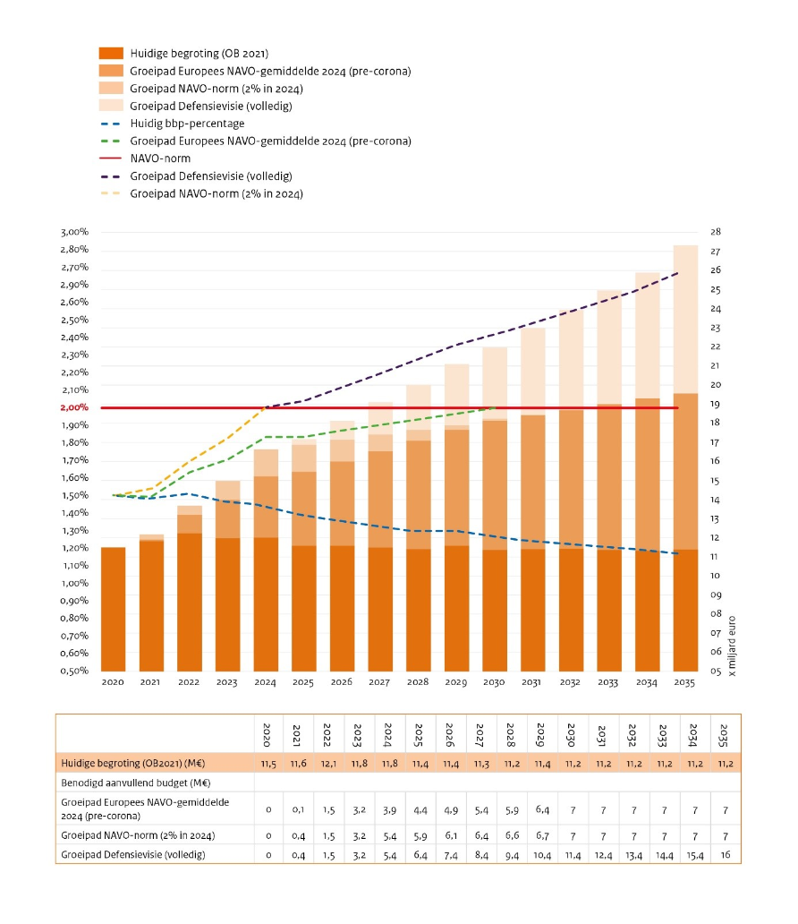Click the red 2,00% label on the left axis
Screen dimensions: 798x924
[74, 407]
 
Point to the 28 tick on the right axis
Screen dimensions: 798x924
[716, 232]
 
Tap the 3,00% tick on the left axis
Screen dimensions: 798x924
[74, 232]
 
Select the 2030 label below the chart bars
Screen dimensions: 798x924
[494, 681]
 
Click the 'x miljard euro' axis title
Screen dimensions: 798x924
[732, 646]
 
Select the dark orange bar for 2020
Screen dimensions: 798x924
[113, 610]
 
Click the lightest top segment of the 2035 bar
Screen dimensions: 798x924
[685, 320]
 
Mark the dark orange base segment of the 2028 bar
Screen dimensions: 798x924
[418, 610]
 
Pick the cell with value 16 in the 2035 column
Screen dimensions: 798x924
[726, 854]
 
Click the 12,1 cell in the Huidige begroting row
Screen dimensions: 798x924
[328, 764]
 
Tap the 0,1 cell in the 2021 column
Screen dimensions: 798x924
[298, 809]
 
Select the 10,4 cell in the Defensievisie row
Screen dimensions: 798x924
[542, 854]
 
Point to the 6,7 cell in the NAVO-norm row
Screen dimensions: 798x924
[542, 835]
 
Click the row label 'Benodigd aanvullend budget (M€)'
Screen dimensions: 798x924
[136, 783]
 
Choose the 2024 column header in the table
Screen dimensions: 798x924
[387, 735]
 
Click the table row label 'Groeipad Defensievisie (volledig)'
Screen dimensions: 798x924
[133, 854]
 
